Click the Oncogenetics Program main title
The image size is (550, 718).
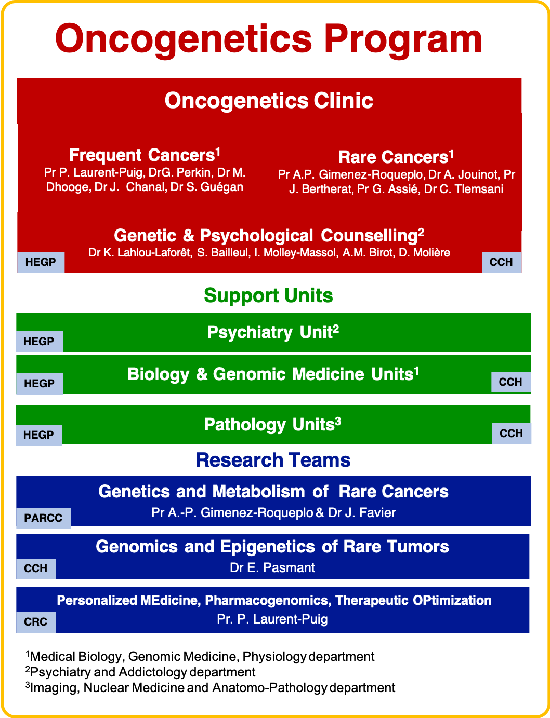[x=268, y=39]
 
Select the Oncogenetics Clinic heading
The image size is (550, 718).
[x=269, y=100]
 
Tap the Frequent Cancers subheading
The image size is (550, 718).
[x=145, y=155]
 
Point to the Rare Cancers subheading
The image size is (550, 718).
[x=396, y=157]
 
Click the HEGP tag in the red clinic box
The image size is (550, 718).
[x=41, y=262]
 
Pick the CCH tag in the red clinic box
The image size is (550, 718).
[x=502, y=262]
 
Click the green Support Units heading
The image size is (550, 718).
[x=268, y=296]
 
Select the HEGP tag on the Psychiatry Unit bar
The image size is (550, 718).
[x=40, y=342]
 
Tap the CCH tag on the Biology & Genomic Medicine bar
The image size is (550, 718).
[x=510, y=382]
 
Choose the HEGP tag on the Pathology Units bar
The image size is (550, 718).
[x=39, y=435]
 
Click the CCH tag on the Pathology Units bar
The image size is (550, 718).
[x=512, y=433]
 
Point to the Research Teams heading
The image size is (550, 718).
[x=273, y=460]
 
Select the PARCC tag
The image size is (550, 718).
[x=44, y=518]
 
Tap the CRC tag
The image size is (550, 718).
[x=36, y=622]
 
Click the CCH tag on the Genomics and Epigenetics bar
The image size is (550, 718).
[x=36, y=568]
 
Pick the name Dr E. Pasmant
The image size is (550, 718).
[x=272, y=568]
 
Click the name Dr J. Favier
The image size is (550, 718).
[x=362, y=513]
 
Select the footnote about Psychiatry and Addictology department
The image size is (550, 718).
[x=140, y=672]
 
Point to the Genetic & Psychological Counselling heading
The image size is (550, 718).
[x=269, y=236]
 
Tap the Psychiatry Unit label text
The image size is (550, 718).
[x=273, y=332]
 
